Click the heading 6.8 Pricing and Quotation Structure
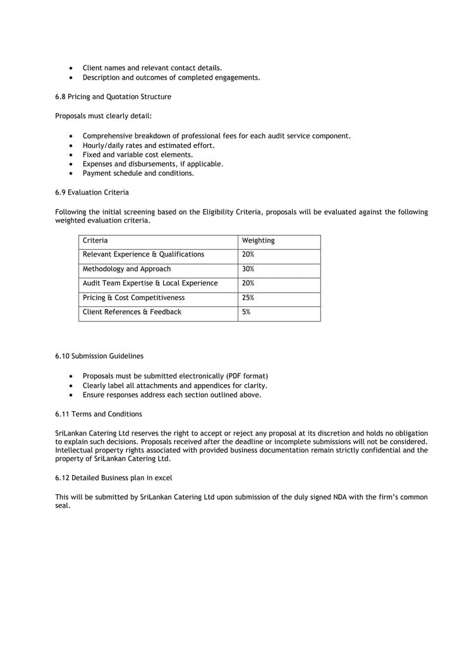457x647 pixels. [x=113, y=97]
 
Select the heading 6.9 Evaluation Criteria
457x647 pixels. [x=92, y=192]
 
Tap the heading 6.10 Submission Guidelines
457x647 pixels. [x=99, y=356]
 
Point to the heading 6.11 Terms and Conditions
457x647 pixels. [x=99, y=414]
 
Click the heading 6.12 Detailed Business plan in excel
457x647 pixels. [x=113, y=478]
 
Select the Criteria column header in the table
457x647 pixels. [x=95, y=241]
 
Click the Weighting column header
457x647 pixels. [x=258, y=241]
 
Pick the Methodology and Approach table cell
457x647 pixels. [x=126, y=269]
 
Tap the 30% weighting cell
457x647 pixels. [x=248, y=269]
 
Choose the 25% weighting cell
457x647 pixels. [x=248, y=298]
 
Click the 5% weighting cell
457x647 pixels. [x=246, y=312]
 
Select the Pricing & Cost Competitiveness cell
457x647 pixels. [x=134, y=298]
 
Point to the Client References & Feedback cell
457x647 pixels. [x=132, y=312]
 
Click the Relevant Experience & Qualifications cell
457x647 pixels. [x=143, y=255]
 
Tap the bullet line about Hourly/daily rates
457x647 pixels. [x=149, y=145]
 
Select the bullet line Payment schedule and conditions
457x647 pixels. [x=138, y=173]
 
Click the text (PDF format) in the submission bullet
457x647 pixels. [x=245, y=376]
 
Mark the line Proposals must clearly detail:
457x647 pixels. [x=103, y=116]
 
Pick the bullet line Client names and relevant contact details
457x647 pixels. [x=152, y=68]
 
